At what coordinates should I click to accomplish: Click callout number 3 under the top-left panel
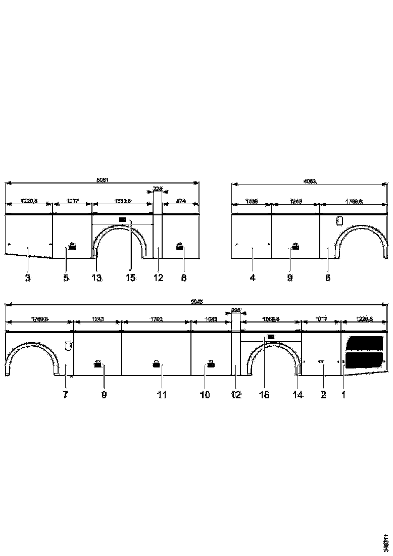pos(28,278)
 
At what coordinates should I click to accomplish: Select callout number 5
pos(66,278)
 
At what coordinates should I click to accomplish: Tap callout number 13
pos(97,278)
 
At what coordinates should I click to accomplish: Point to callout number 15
pos(131,278)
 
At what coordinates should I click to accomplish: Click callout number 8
pos(184,278)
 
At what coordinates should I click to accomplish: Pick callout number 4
pos(253,278)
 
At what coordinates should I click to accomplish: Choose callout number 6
pos(328,278)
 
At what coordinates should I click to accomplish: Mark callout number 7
pos(65,395)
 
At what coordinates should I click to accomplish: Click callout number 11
pos(161,395)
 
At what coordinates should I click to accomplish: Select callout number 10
pos(205,395)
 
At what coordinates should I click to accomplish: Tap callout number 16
pos(265,395)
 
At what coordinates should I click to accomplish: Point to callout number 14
pos(298,395)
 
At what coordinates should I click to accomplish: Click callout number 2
pos(323,395)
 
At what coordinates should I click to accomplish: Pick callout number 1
pos(343,395)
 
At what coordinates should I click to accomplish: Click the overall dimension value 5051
pos(103,179)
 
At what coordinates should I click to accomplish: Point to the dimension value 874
pos(181,201)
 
